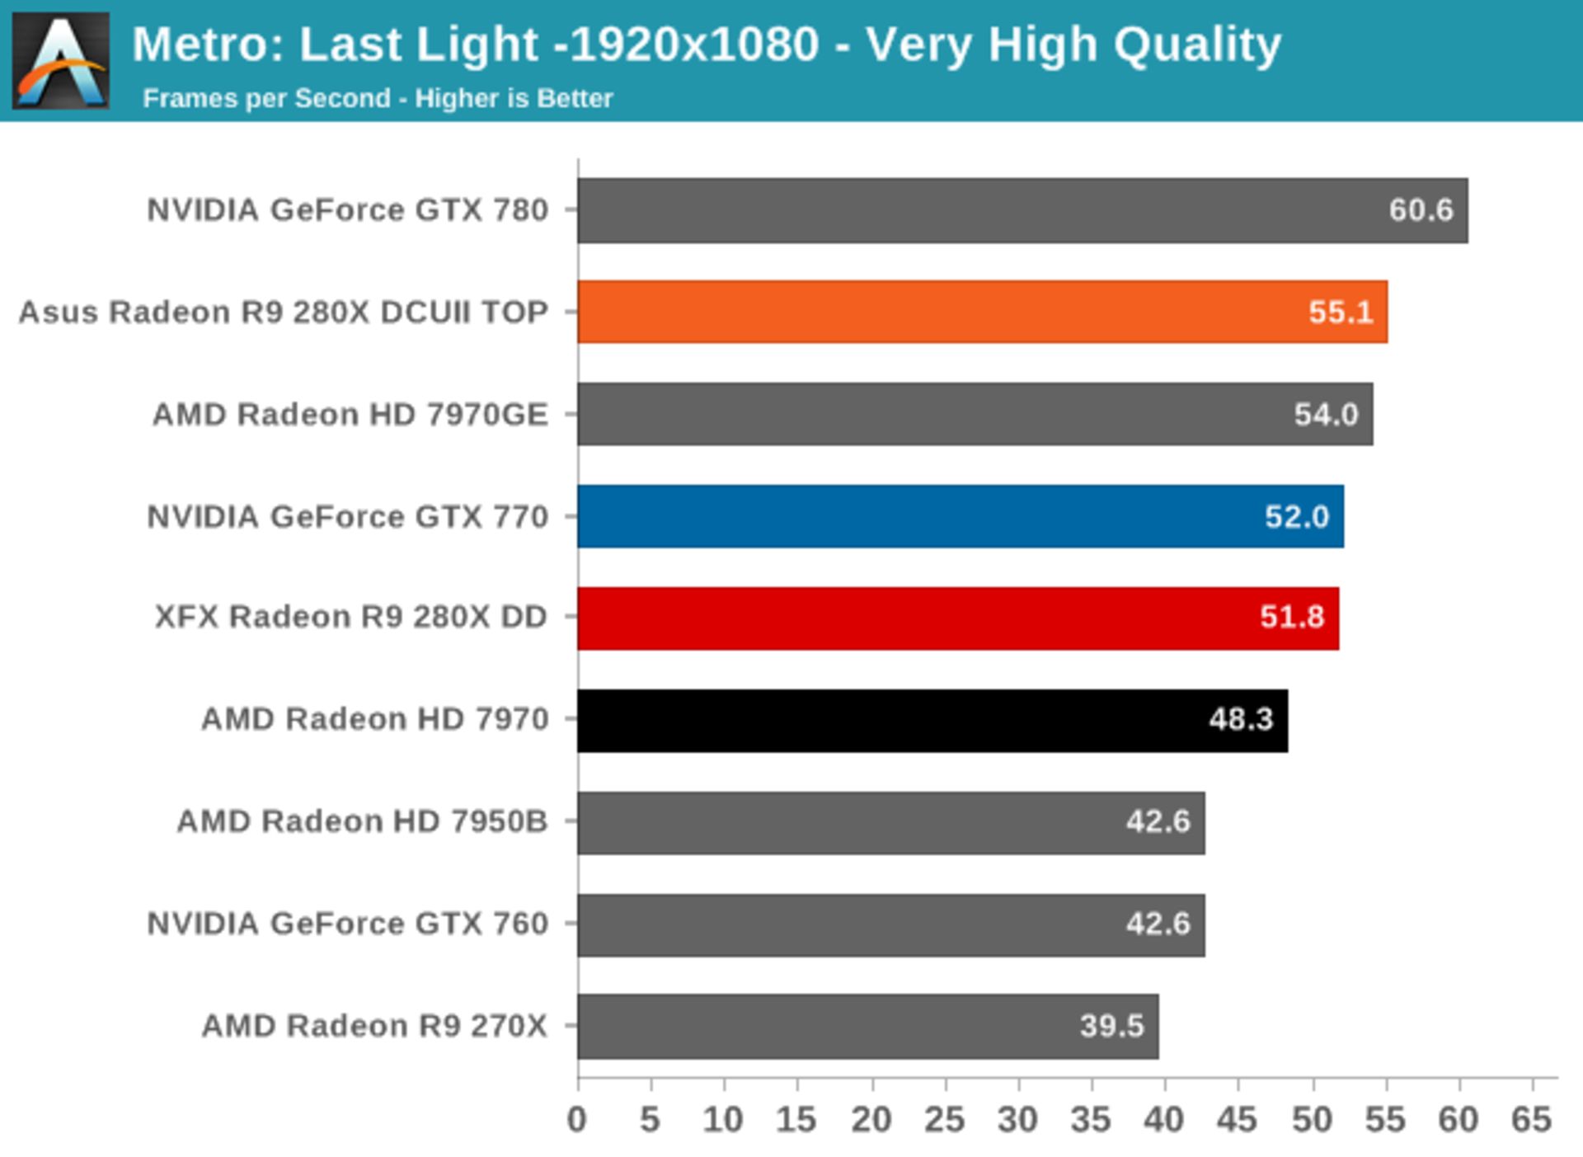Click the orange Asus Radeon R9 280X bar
coord(981,312)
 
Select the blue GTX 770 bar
coord(961,516)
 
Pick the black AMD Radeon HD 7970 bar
coord(932,720)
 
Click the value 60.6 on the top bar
coord(1420,210)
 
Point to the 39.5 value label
coord(1111,1026)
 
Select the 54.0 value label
coord(1325,414)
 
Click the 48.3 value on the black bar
coord(1240,720)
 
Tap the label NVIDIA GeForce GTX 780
coord(347,210)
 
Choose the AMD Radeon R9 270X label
coord(374,1026)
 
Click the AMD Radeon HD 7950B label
coord(362,821)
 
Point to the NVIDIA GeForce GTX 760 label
coord(347,924)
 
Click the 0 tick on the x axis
coord(577,1120)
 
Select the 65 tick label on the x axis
coord(1531,1120)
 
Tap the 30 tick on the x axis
coord(1017,1120)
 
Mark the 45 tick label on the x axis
coord(1238,1120)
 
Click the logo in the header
coord(60,60)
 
